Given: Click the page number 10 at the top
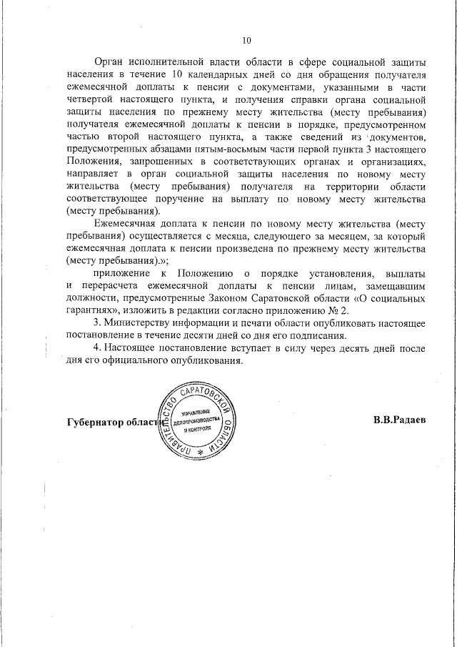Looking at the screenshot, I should pyautogui.click(x=247, y=40).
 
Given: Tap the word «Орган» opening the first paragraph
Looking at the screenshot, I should pyautogui.click(x=111, y=61).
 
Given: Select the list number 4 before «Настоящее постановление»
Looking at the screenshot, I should pyautogui.click(x=97, y=348).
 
